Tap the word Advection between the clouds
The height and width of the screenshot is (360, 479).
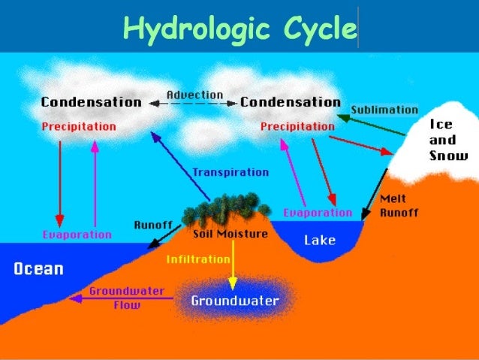194,95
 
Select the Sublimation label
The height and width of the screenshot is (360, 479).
384,110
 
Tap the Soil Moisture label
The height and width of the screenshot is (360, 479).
230,234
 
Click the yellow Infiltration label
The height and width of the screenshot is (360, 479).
198,259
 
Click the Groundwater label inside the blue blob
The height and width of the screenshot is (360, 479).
234,301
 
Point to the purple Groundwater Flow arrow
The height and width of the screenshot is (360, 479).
120,298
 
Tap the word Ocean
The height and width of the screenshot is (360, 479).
38,269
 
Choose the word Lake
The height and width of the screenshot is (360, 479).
320,241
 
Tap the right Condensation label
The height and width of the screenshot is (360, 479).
290,102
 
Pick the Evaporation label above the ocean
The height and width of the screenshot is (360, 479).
77,234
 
